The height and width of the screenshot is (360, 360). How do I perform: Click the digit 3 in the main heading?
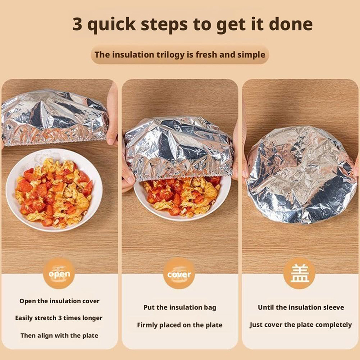click(77, 24)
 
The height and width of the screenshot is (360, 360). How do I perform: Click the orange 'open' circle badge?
click(59, 273)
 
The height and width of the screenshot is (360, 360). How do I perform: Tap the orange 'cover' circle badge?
click(179, 273)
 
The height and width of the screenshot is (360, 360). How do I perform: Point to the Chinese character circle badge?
click(299, 273)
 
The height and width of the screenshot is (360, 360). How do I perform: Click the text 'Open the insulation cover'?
click(59, 301)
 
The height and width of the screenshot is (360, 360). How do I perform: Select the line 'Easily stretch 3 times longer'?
click(59, 318)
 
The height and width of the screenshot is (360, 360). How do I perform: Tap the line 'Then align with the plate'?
click(59, 335)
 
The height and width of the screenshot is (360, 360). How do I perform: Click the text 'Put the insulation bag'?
click(180, 307)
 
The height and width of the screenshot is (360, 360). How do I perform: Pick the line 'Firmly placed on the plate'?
click(180, 325)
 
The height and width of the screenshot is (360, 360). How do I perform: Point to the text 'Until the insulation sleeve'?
click(301, 307)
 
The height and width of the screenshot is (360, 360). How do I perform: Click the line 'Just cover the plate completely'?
click(301, 324)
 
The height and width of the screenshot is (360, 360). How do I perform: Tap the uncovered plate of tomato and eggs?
click(54, 190)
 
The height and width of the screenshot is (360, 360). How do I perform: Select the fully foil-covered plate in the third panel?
click(301, 175)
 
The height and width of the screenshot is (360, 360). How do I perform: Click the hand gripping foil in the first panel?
click(112, 115)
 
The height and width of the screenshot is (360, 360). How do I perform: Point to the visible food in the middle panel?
click(181, 196)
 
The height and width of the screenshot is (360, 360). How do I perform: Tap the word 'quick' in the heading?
click(112, 24)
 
